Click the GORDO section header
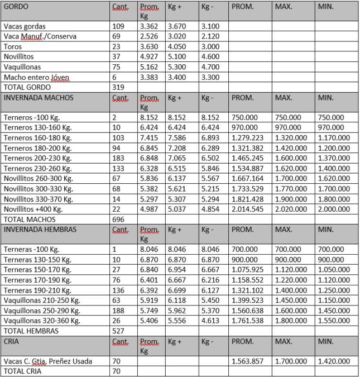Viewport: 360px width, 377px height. [x=16, y=7]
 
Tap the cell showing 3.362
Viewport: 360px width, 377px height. [x=148, y=26]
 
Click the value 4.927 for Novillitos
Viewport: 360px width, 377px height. [x=148, y=56]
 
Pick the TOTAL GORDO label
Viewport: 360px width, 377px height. [x=27, y=87]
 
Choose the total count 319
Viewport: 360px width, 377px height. [x=118, y=87]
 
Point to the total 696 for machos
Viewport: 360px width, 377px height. [x=118, y=219]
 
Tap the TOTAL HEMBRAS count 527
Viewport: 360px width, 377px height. [x=118, y=331]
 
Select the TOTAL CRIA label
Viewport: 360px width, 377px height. [x=23, y=371]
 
